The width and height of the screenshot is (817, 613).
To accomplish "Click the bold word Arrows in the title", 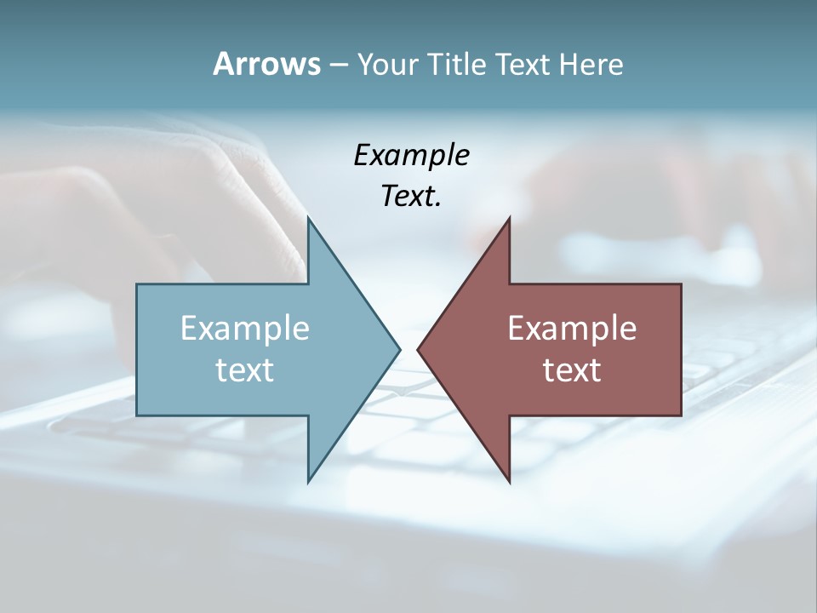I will tap(267, 64).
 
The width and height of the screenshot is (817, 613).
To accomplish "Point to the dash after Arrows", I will tap(338, 65).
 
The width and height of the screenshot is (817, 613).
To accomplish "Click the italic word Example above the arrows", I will tap(412, 156).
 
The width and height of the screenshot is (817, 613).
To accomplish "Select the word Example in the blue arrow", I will tap(245, 329).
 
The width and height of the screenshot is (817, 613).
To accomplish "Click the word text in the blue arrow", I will tap(245, 370).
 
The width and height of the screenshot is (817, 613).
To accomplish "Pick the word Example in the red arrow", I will tap(572, 329).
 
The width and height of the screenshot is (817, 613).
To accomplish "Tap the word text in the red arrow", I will tap(572, 370).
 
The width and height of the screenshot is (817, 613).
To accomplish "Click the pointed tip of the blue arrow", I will tap(399, 348).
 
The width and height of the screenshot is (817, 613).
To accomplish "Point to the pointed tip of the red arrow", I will tap(418, 348).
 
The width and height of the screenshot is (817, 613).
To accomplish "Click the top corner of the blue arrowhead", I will tap(309, 219).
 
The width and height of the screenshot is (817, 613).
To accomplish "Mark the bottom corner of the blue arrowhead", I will tap(309, 481).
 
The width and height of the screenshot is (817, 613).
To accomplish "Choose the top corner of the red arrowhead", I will tap(508, 219).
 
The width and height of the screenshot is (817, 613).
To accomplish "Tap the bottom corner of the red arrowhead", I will tap(509, 481).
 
